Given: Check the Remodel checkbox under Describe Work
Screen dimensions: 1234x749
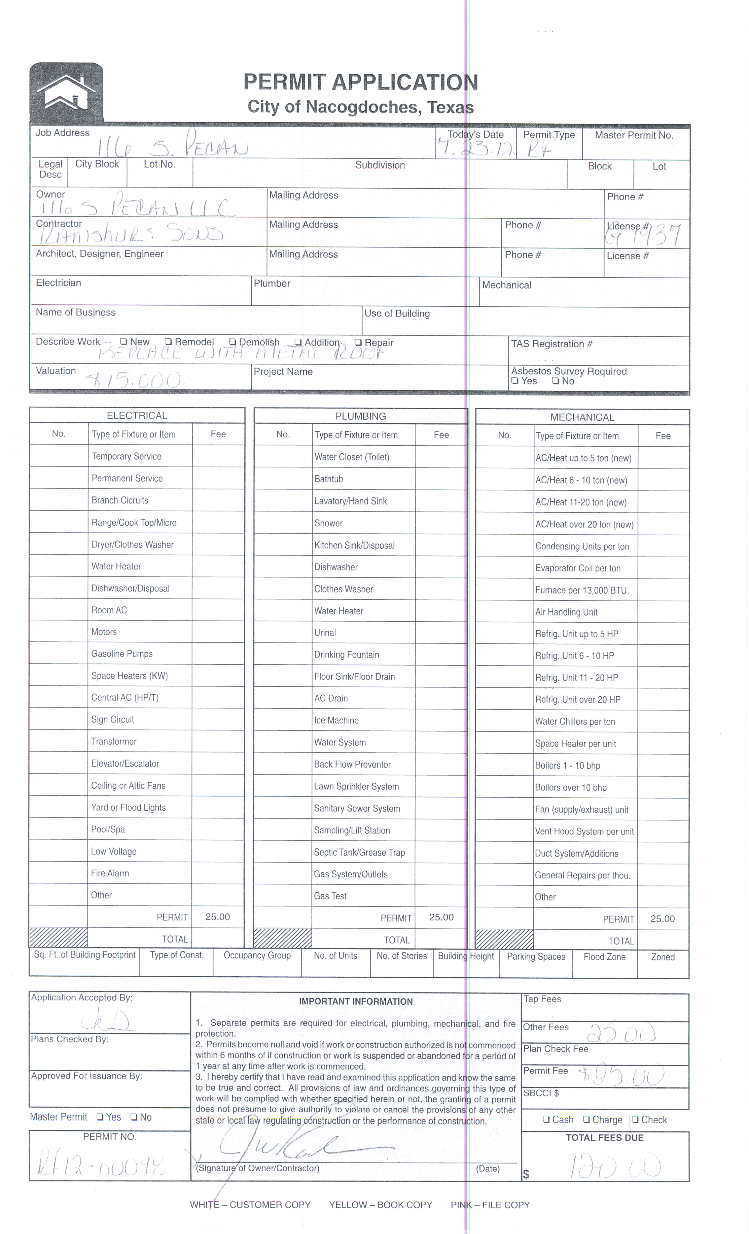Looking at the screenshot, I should point(168,342).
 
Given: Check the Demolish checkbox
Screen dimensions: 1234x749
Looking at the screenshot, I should point(232,342).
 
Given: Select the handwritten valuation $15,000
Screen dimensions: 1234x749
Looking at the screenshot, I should point(133,380).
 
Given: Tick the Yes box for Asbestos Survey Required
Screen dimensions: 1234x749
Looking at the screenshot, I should point(514,381).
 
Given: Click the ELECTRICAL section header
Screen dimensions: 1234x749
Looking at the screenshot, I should point(137,416).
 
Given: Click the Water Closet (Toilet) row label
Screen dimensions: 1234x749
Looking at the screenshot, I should point(352,457).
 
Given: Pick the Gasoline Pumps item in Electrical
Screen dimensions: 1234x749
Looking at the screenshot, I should point(122,653).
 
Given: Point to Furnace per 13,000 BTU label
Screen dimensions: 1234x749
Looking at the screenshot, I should point(580,590).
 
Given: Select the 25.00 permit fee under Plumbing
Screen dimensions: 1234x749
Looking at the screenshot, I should point(441,918).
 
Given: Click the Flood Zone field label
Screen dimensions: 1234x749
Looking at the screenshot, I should point(604,957).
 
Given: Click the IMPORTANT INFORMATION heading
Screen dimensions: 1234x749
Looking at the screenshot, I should point(355,1002).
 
